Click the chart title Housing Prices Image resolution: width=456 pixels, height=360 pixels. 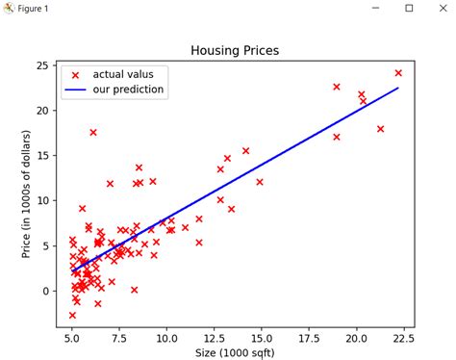pyautogui.click(x=235, y=50)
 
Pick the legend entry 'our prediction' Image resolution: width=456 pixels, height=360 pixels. pyautogui.click(x=128, y=90)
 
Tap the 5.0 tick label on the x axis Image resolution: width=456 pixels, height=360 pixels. pyautogui.click(x=72, y=338)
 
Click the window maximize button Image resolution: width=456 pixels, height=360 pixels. pyautogui.click(x=409, y=9)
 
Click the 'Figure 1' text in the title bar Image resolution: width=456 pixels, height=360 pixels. pyautogui.click(x=35, y=9)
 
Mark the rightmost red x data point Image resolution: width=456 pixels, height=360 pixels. pyautogui.click(x=398, y=73)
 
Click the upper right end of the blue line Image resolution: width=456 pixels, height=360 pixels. pyautogui.click(x=398, y=88)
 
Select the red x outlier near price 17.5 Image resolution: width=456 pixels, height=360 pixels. pyautogui.click(x=93, y=132)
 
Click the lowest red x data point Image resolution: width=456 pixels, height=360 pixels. pyautogui.click(x=72, y=315)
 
